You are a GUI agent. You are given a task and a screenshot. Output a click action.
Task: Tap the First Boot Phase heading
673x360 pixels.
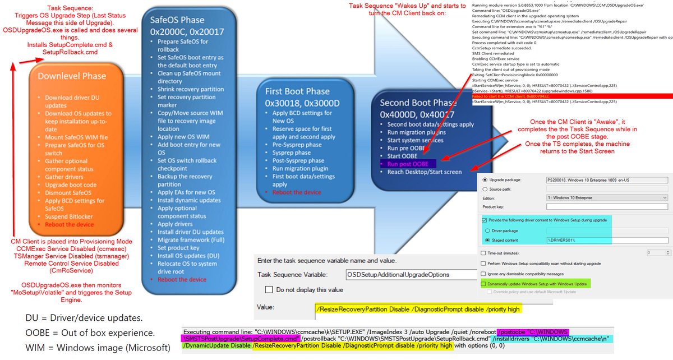[x=297, y=91]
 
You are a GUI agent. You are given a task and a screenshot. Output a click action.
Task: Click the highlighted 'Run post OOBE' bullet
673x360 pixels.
[x=407, y=164]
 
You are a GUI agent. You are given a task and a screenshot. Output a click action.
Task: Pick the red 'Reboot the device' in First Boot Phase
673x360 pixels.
[x=297, y=192]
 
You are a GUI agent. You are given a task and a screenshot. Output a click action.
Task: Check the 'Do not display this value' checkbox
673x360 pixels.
[x=269, y=290]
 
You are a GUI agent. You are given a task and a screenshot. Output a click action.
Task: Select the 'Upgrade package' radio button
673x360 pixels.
[x=485, y=179]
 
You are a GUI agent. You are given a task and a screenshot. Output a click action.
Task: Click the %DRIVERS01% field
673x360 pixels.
[x=606, y=240]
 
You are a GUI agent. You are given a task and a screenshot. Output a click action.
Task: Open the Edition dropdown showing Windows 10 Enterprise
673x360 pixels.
[x=606, y=198]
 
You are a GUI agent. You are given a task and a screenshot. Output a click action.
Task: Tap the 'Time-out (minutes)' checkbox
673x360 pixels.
[x=484, y=252]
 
